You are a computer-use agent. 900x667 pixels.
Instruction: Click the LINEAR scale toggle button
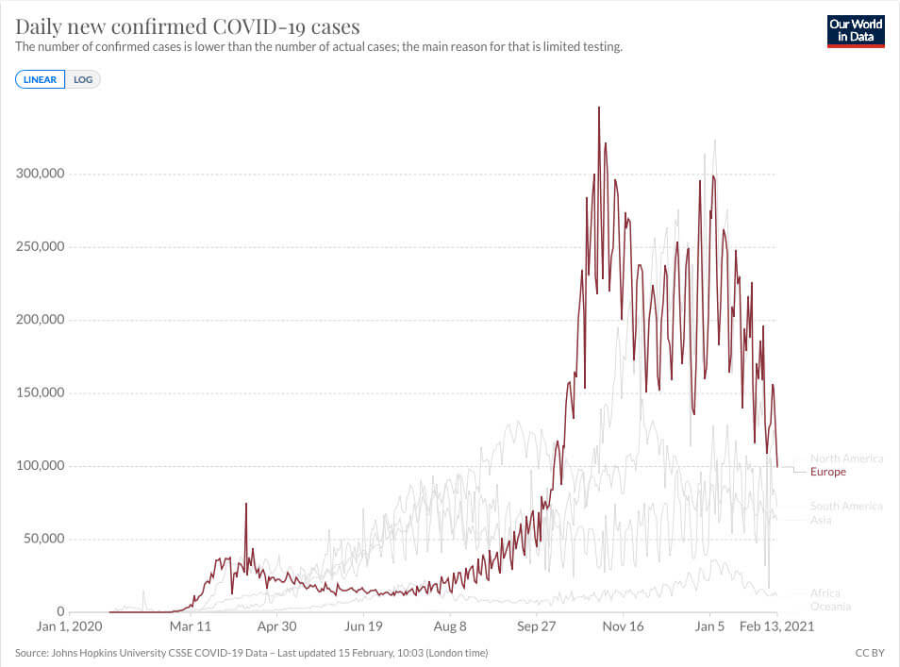(x=40, y=79)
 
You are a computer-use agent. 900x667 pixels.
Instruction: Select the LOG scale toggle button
(x=83, y=79)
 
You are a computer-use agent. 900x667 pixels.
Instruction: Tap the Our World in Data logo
(x=855, y=30)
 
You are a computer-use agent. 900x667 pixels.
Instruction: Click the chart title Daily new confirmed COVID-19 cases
(x=188, y=25)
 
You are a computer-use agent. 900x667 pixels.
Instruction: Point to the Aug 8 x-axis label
(x=450, y=625)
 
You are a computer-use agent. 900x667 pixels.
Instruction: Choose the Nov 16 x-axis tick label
(x=623, y=625)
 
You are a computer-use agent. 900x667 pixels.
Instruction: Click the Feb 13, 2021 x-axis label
(x=775, y=625)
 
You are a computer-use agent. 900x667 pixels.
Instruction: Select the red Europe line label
(x=828, y=472)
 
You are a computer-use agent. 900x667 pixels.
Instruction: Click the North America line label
(x=846, y=459)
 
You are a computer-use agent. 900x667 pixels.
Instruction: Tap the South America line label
(x=846, y=507)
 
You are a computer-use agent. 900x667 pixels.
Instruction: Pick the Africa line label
(x=825, y=593)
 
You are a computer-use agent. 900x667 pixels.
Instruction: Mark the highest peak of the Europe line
(x=599, y=108)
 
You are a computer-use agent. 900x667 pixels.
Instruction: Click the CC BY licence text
(x=869, y=653)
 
